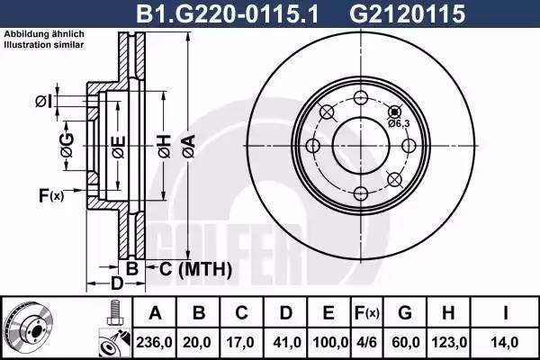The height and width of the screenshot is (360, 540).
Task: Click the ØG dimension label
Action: (x=67, y=144)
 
